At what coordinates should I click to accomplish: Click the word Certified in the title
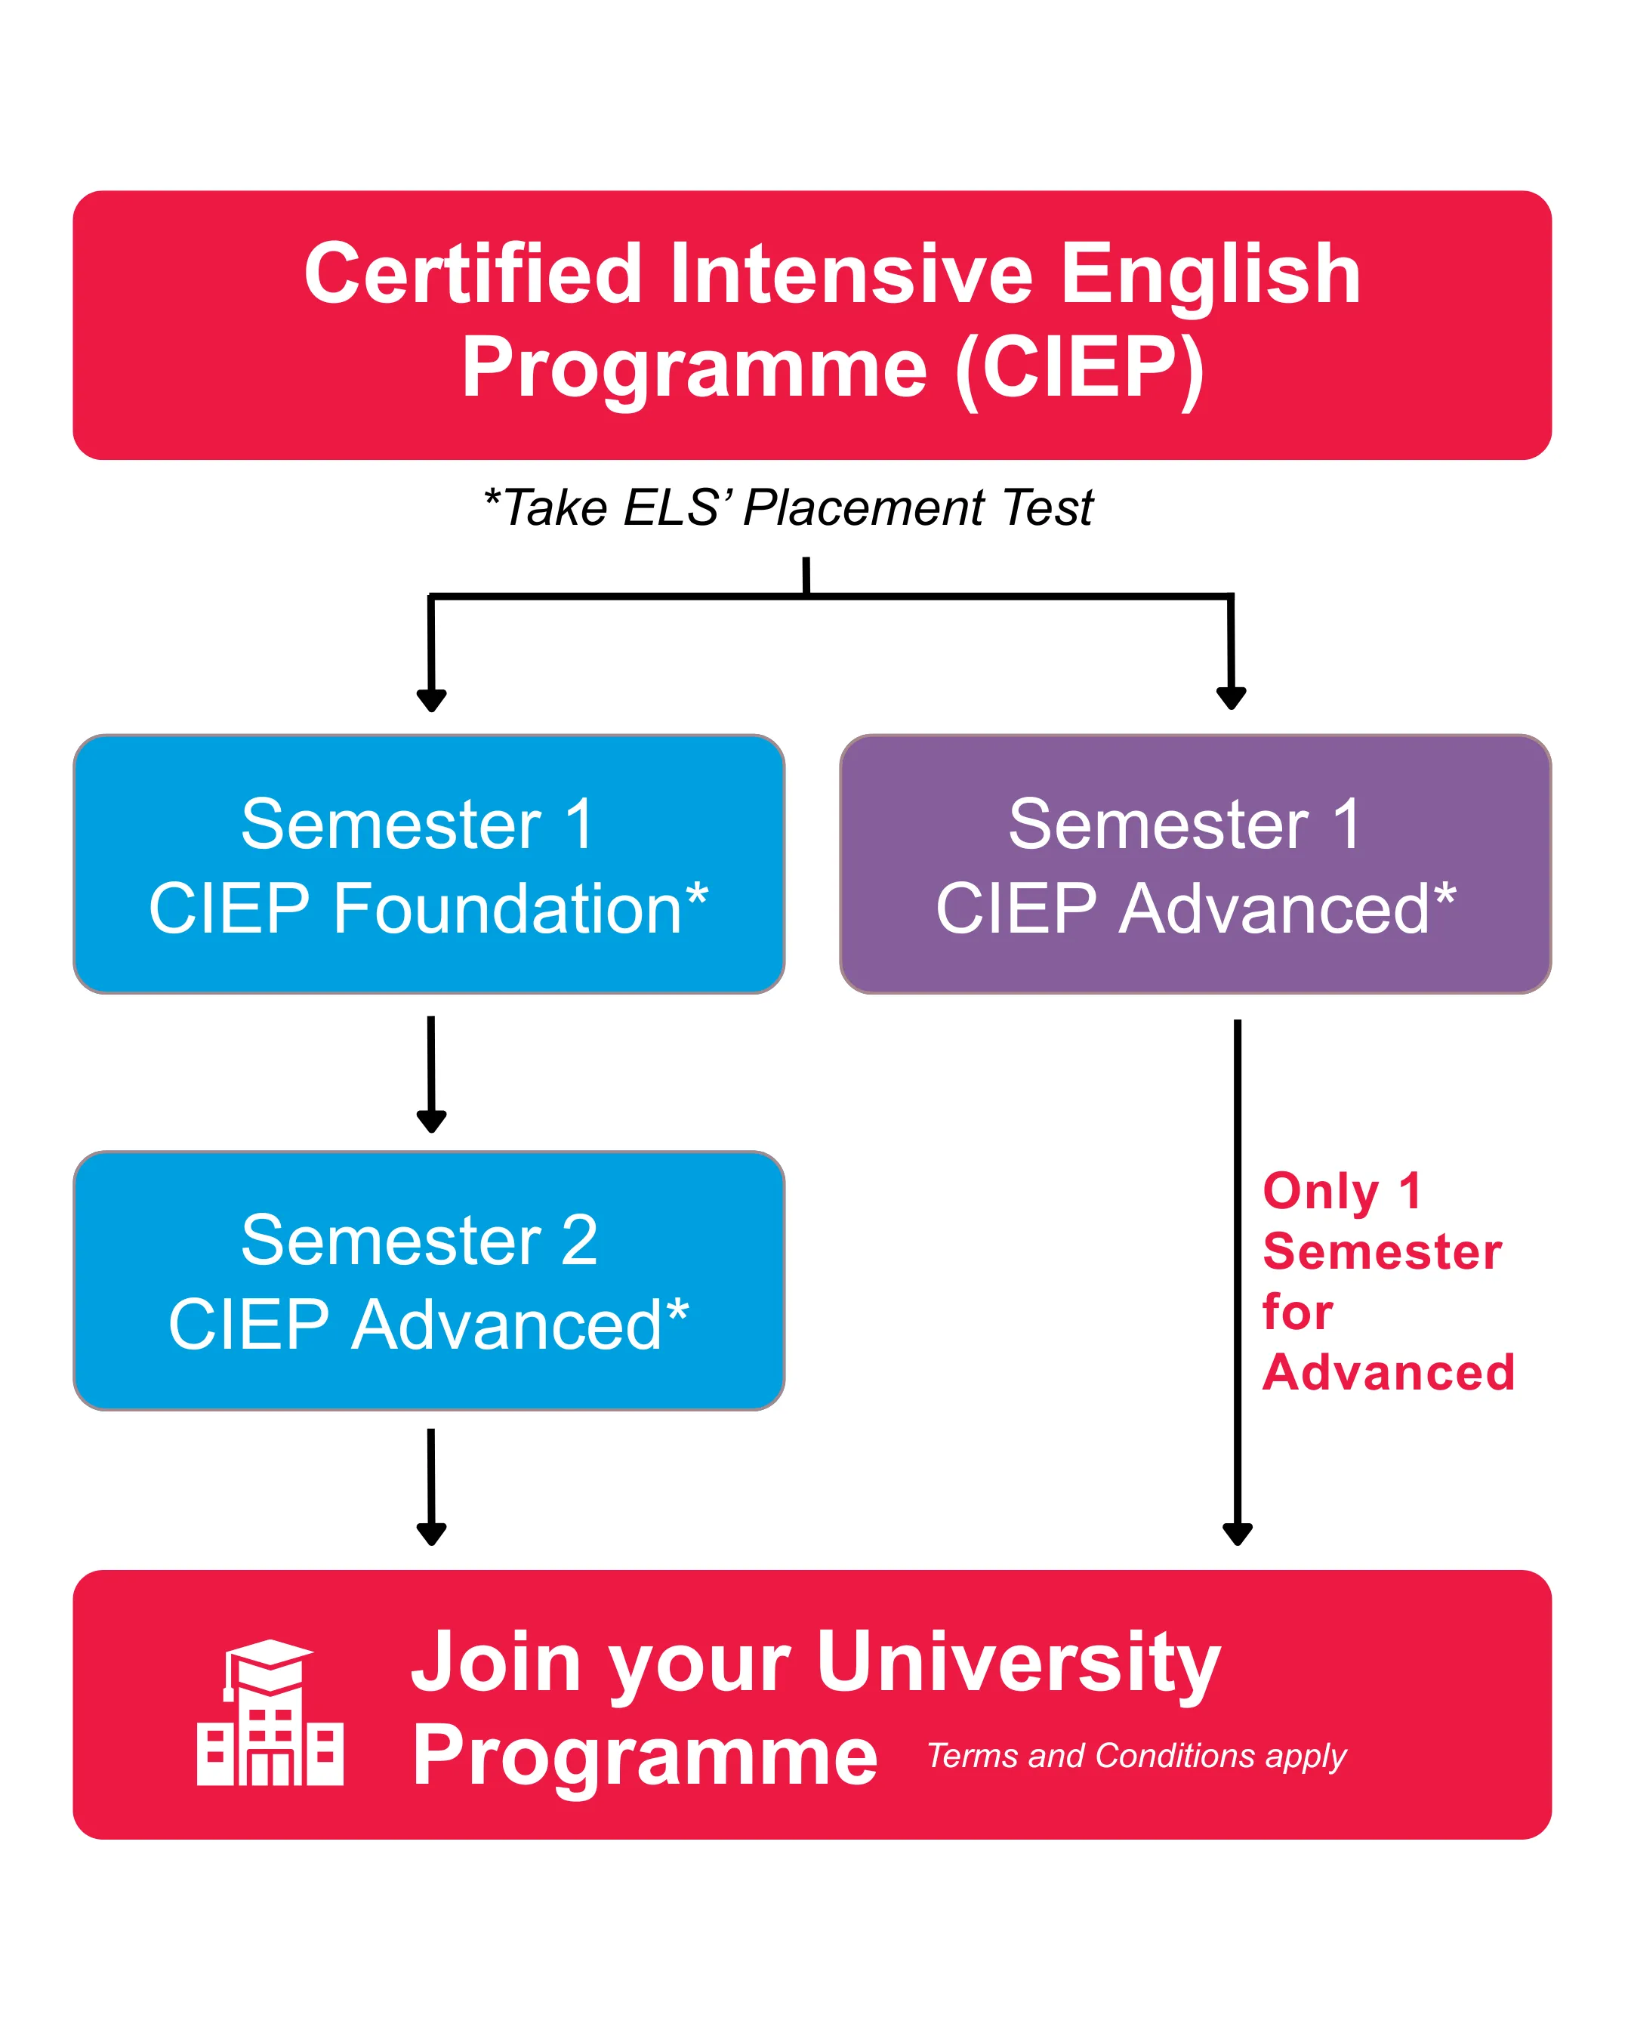[473, 274]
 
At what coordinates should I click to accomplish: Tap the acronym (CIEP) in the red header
[1080, 369]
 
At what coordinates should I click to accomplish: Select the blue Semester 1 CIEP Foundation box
[428, 863]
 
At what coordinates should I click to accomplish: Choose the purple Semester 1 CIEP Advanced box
[1195, 863]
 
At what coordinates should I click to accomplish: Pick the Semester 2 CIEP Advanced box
[428, 1281]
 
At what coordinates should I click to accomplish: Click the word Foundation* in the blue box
[520, 908]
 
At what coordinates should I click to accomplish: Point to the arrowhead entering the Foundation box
[431, 701]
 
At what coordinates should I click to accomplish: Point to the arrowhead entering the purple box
[1231, 699]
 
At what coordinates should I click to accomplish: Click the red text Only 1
[1341, 1191]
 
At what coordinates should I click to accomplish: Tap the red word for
[1297, 1312]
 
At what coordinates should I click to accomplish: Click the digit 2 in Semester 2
[578, 1240]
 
